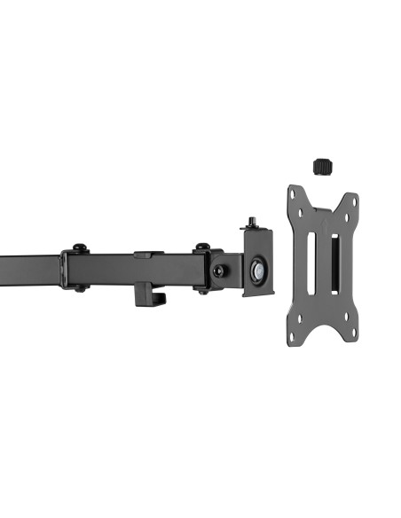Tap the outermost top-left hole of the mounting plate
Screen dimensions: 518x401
(294, 191)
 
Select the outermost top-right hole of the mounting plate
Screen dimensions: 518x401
(353, 199)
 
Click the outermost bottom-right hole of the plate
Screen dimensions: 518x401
(353, 333)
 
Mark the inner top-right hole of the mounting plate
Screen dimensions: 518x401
(344, 218)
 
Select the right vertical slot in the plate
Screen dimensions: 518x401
(334, 264)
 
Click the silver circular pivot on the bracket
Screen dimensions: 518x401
(259, 271)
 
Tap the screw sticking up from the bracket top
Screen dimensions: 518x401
(253, 221)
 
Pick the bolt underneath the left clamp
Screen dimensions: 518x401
(79, 287)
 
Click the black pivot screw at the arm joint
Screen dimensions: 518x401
(218, 270)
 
